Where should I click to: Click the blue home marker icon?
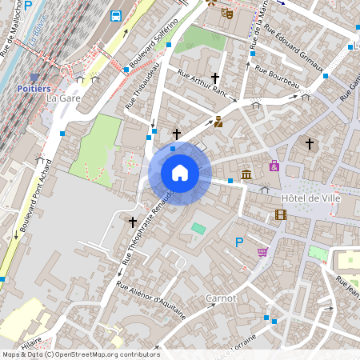pos(180,173)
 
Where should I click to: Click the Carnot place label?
pos(220,298)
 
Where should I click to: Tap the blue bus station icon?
pos(116,15)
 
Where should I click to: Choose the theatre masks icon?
pos(227,14)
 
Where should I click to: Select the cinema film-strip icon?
pos(280,214)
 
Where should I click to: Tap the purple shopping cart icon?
pos(262,252)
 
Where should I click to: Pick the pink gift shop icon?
pos(274,166)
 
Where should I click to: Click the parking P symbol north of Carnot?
pos(238,242)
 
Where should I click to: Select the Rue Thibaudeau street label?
pos(141,86)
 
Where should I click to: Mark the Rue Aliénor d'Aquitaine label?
pos(151,301)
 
